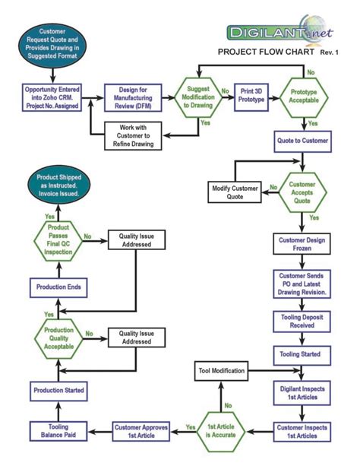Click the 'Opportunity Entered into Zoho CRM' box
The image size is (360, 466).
(52, 97)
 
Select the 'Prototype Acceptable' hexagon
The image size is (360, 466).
(304, 97)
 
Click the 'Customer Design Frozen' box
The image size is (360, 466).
(303, 245)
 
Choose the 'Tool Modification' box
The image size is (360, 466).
(222, 371)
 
